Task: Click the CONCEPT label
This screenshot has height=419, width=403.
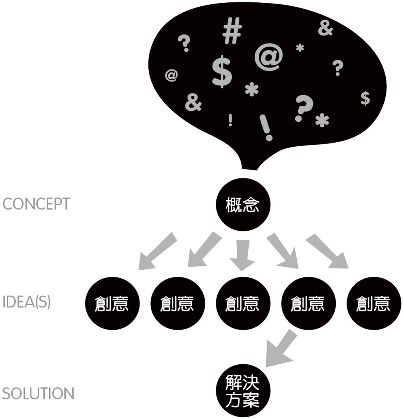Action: tap(36, 204)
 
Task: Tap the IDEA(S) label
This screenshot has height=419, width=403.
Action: tap(26, 304)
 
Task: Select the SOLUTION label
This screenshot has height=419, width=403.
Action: tap(38, 394)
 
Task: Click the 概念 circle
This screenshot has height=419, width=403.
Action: tap(242, 205)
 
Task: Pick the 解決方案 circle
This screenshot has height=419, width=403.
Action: tap(242, 392)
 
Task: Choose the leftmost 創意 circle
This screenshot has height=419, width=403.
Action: tap(112, 304)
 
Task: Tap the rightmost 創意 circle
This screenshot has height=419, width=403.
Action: tap(372, 304)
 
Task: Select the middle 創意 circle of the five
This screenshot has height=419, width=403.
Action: tap(242, 304)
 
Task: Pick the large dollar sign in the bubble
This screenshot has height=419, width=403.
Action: tap(222, 72)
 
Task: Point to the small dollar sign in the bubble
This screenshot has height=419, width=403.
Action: tap(365, 98)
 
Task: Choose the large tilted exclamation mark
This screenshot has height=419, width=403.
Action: tap(266, 127)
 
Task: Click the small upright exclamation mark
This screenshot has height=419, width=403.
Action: tap(230, 120)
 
